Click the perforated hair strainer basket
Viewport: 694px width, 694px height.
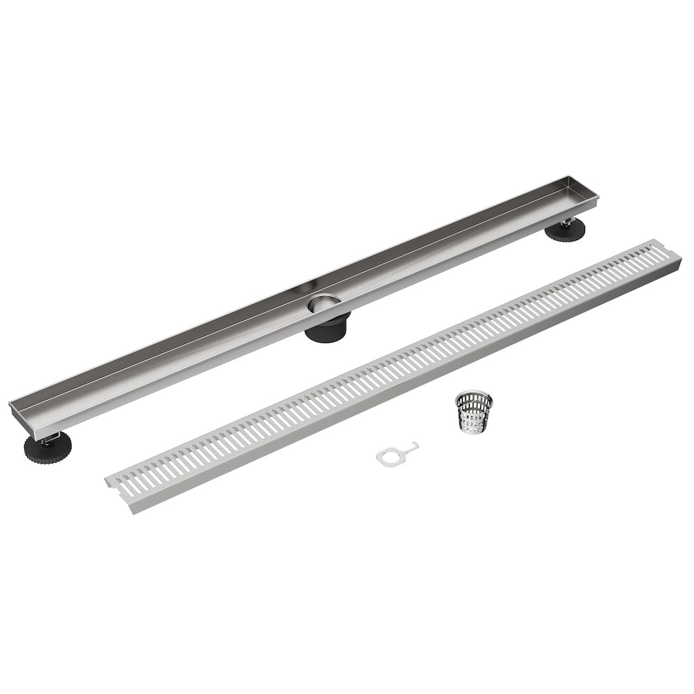click(475, 414)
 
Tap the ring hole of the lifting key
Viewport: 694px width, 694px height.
click(386, 456)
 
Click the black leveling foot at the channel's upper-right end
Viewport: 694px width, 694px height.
click(564, 230)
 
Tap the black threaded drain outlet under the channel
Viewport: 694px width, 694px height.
click(328, 325)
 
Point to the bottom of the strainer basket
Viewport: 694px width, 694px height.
click(474, 430)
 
